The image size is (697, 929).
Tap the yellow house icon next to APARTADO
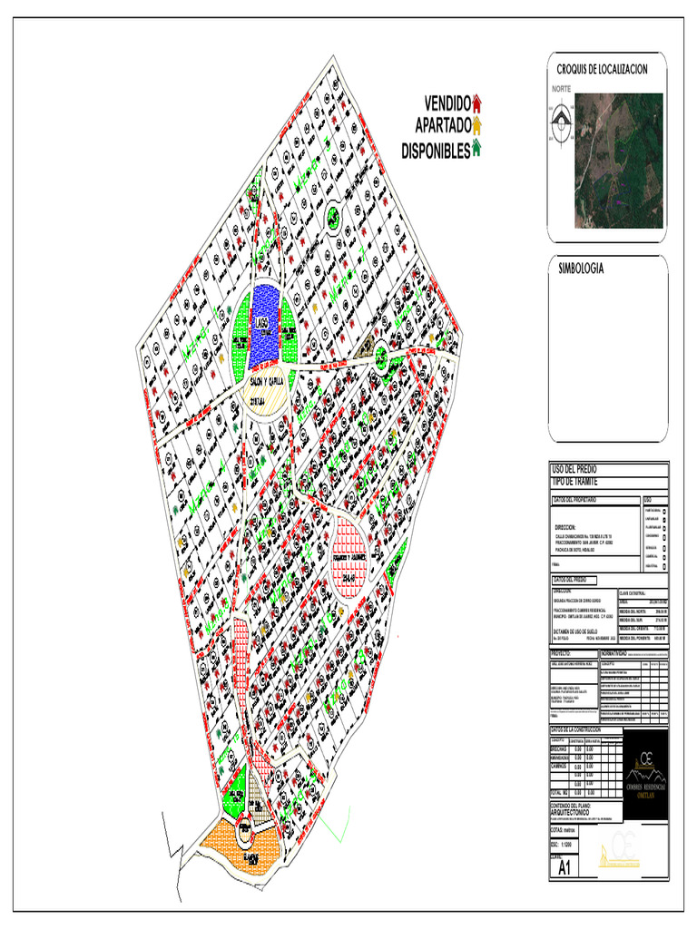[477, 125]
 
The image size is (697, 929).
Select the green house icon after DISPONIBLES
[477, 149]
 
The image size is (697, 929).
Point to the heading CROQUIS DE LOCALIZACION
[602, 70]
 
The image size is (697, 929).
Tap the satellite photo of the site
[621, 159]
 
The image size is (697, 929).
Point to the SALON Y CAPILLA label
[266, 381]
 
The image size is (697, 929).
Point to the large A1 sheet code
[564, 868]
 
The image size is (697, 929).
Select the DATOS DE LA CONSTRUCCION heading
[589, 729]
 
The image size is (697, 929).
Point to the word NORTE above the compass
[562, 89]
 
